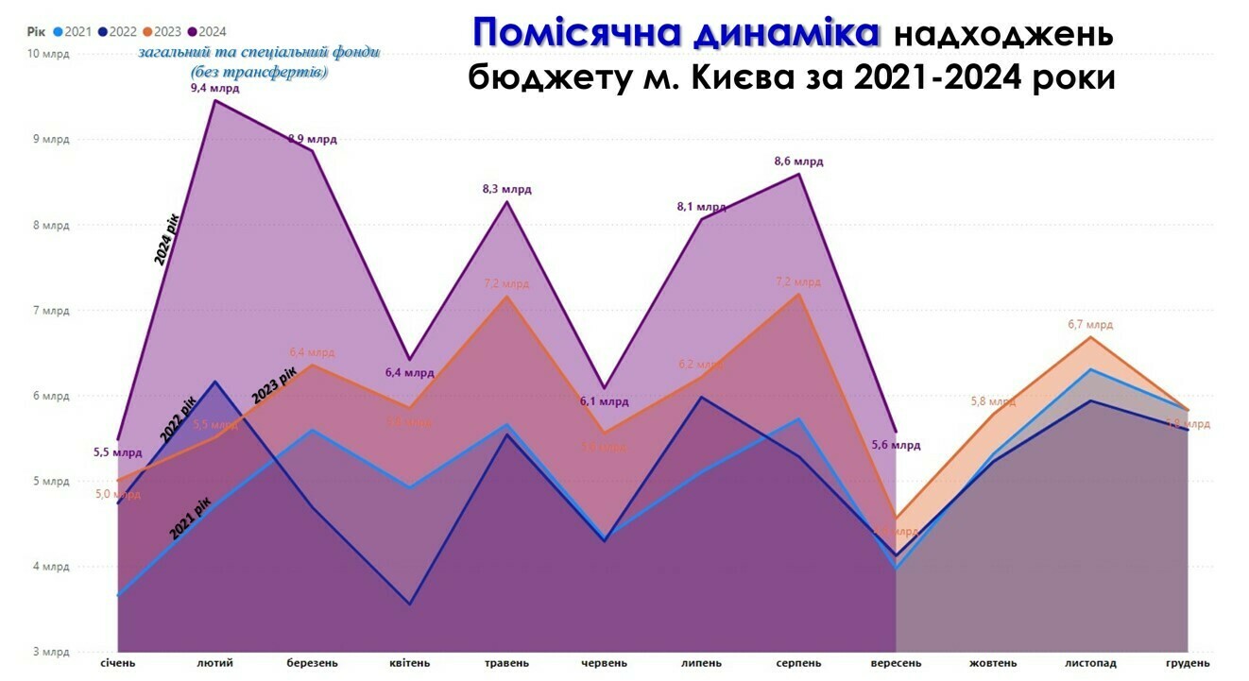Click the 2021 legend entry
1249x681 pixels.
point(72,31)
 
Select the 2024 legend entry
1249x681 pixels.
point(206,31)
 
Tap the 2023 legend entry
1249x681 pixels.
point(162,31)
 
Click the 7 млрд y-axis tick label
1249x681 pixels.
point(51,311)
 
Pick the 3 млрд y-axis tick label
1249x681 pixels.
point(51,653)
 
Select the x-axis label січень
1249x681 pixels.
point(118,663)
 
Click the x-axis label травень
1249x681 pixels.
point(506,663)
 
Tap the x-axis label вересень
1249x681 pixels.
point(895,663)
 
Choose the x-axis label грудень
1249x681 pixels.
point(1188,663)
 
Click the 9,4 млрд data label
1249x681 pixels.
point(215,88)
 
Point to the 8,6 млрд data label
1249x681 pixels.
point(798,162)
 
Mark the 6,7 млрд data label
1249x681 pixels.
point(1089,324)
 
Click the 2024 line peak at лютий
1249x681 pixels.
point(215,100)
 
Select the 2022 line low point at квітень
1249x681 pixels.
point(409,604)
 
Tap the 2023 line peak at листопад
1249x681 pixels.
point(1090,337)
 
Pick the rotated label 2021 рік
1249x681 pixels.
point(191,519)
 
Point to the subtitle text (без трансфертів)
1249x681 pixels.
point(259,72)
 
